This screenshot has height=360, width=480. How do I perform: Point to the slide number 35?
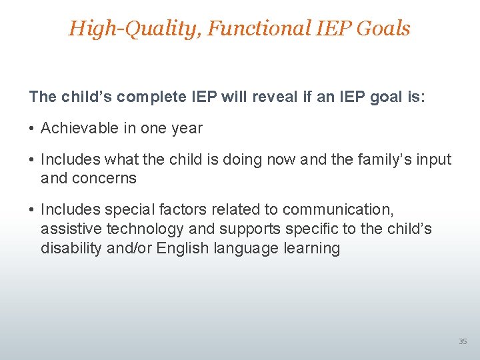pyautogui.click(x=463, y=341)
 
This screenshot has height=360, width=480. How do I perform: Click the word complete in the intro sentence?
pyautogui.click(x=151, y=97)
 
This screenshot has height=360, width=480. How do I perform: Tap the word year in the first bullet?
pyautogui.click(x=188, y=128)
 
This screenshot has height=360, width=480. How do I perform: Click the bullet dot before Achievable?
pyautogui.click(x=32, y=129)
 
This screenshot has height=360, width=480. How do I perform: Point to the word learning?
pyautogui.click(x=314, y=248)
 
